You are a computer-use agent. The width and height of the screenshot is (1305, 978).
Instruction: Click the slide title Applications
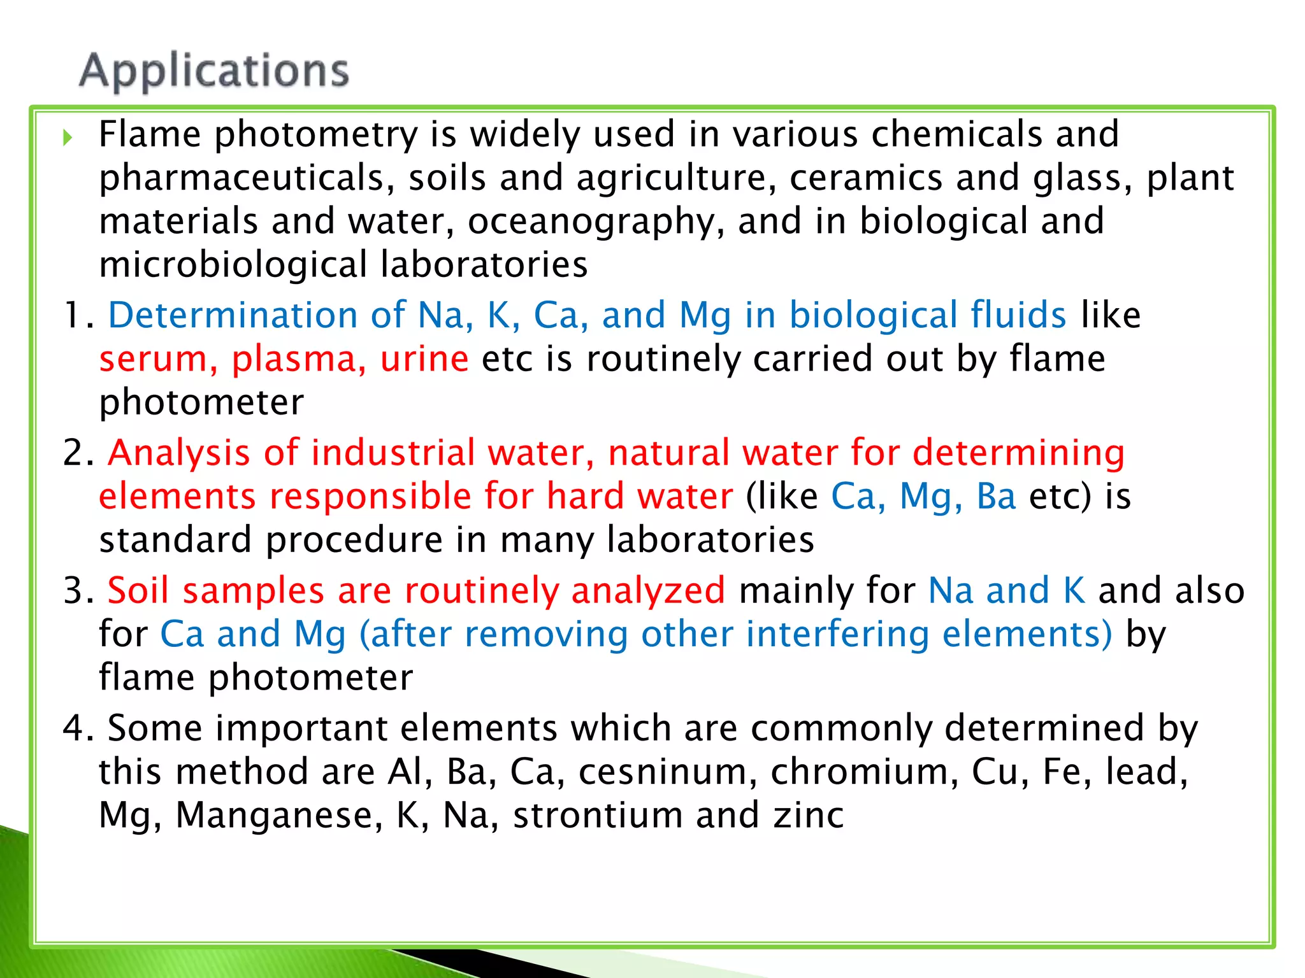[214, 71]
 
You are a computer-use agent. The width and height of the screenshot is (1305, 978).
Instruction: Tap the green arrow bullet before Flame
[68, 137]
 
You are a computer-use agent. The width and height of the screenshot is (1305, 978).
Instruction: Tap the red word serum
[154, 359]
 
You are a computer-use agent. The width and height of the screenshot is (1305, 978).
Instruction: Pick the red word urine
[424, 359]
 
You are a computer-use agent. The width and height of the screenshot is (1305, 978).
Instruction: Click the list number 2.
[78, 453]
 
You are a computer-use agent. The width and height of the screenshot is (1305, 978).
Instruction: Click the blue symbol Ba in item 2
[996, 497]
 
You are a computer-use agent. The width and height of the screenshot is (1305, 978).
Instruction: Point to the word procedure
[354, 540]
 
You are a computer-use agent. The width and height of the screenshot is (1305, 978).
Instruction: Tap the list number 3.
[78, 591]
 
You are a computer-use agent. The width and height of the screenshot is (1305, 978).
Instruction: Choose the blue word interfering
[837, 634]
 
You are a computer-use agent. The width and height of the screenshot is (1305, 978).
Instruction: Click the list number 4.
[78, 728]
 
